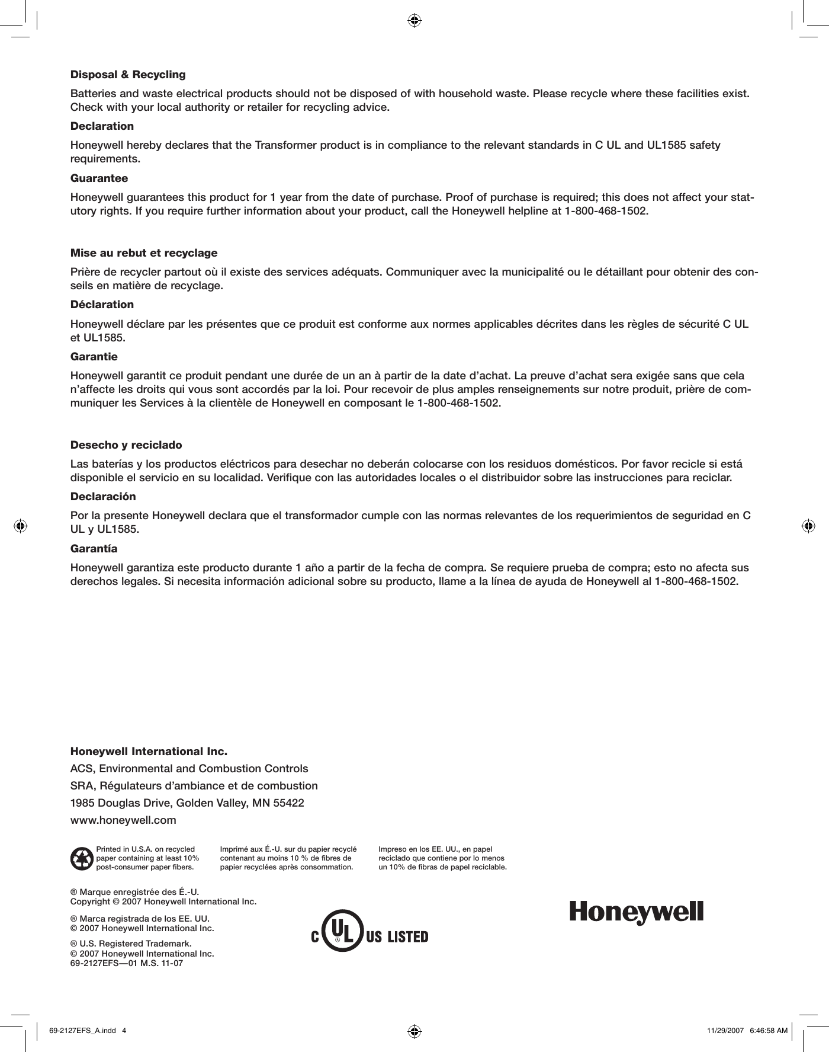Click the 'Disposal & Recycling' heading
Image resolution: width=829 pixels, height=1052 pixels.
tap(128, 75)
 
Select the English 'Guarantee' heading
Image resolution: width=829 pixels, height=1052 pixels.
tap(99, 178)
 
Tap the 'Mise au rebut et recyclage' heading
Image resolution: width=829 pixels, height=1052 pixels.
tap(144, 253)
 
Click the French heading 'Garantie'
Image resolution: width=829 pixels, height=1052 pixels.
tap(94, 357)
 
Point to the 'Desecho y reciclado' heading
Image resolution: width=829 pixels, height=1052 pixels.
tap(126, 445)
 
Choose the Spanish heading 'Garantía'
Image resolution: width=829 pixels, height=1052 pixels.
tap(94, 548)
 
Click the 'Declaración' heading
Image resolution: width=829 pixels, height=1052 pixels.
tap(103, 496)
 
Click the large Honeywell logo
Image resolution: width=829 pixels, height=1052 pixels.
tap(637, 913)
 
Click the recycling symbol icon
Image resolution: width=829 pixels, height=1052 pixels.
tap(81, 859)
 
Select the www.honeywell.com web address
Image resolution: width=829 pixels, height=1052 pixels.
tap(123, 820)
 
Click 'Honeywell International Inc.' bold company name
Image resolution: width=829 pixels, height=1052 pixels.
tap(149, 752)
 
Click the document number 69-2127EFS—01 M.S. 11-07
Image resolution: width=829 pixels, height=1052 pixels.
tap(127, 963)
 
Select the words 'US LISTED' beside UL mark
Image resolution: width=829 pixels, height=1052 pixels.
tap(397, 937)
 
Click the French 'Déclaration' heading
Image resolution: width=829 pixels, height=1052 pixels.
tap(102, 305)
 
